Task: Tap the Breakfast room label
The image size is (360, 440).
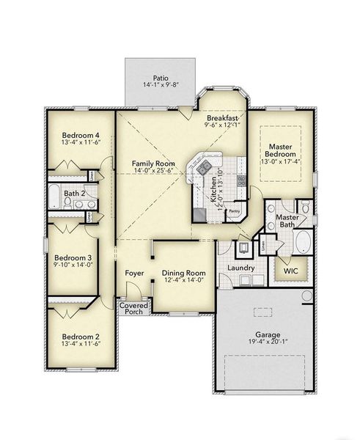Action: pos(220,117)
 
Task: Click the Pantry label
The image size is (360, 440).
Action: pos(235,211)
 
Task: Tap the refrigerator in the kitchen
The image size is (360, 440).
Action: pos(200,214)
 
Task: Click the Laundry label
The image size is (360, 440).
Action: pos(241,268)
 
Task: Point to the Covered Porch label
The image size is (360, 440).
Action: pos(133,307)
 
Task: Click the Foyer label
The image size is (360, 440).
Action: pos(134,273)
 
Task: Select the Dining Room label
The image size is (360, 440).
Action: pos(183,271)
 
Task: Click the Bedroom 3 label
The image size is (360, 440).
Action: pos(73,258)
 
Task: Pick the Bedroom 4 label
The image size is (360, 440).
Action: pos(81,135)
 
